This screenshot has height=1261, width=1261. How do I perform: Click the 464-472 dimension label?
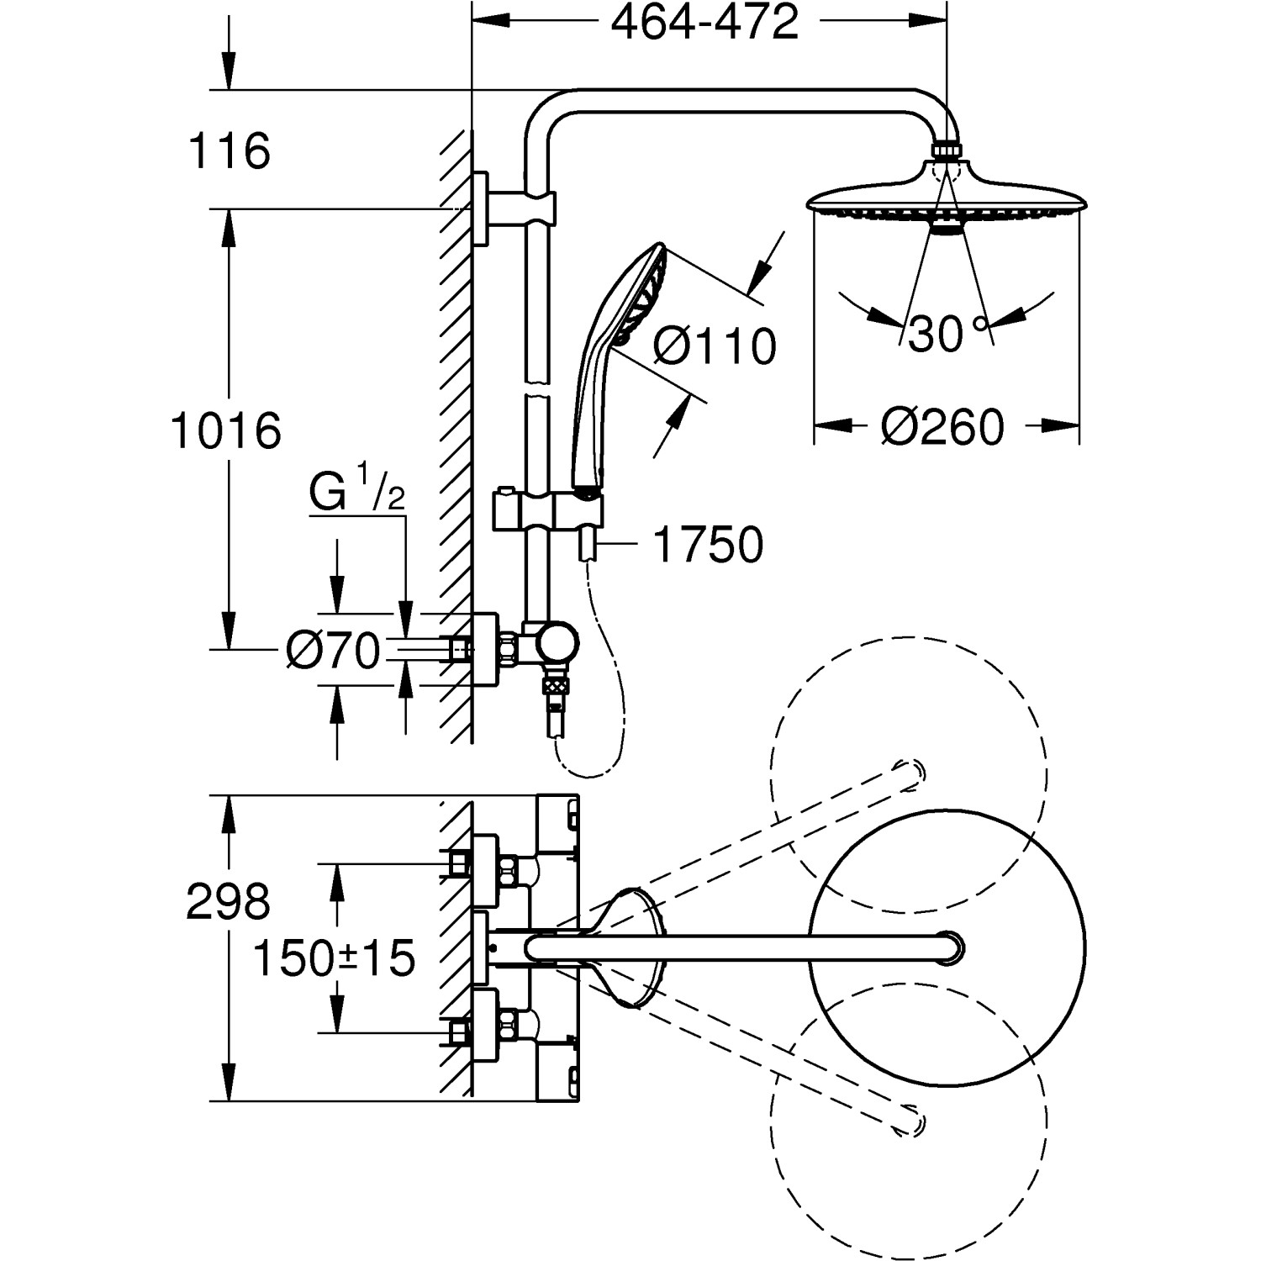coord(704,23)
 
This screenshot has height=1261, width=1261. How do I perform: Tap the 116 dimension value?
coord(229,151)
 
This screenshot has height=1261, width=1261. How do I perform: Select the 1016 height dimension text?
coord(225,431)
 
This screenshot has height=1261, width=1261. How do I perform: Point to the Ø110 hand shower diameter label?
coord(715,346)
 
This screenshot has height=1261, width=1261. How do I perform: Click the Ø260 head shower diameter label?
coord(942,427)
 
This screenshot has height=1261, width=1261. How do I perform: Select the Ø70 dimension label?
coord(333,650)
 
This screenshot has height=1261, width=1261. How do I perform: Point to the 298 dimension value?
coord(228,902)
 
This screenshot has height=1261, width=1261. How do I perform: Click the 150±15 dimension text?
coord(335,958)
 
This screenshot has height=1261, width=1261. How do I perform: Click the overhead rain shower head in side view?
coord(947,198)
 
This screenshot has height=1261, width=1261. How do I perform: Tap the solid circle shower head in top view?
coord(947,947)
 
